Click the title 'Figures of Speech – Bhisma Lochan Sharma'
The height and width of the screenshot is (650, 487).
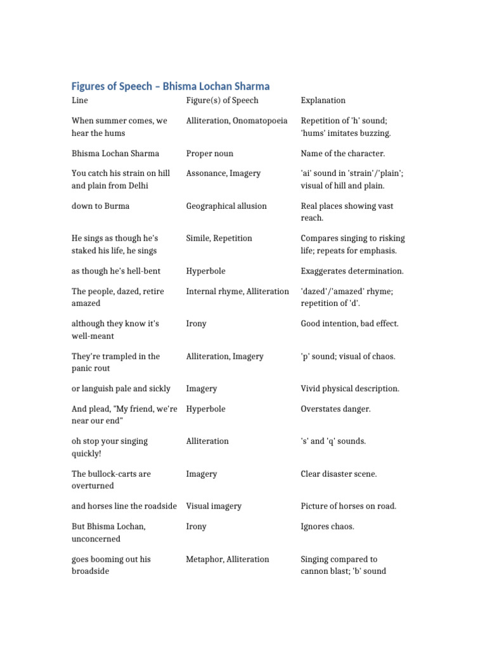(170, 86)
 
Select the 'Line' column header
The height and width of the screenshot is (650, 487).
(80, 100)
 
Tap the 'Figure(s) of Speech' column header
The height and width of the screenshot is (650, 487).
(222, 100)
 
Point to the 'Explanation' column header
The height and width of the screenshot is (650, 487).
(323, 100)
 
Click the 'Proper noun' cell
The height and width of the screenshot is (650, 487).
(209, 154)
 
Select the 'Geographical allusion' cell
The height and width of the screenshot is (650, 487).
(226, 206)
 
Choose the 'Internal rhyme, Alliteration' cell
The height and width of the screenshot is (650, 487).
(237, 291)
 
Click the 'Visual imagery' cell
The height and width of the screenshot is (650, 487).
(214, 507)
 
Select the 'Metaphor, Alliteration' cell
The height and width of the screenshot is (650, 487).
(227, 559)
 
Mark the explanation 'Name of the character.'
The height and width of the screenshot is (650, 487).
(342, 154)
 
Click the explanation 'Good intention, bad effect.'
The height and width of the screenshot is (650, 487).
(349, 324)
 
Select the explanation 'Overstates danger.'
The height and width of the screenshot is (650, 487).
(335, 409)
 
